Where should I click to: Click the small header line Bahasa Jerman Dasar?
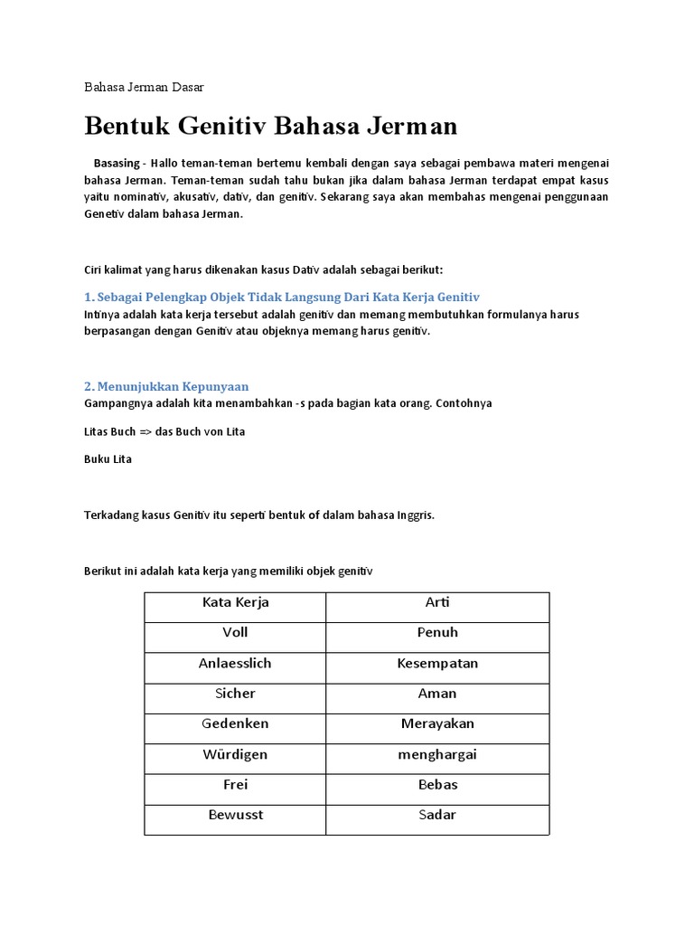pyautogui.click(x=144, y=88)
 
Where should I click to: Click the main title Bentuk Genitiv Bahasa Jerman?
pyautogui.click(x=271, y=126)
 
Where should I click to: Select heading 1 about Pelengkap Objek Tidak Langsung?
pyautogui.click(x=281, y=297)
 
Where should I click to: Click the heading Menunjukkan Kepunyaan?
pyautogui.click(x=166, y=386)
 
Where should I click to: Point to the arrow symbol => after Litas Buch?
pyautogui.click(x=145, y=432)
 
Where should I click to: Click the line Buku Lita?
pyautogui.click(x=108, y=459)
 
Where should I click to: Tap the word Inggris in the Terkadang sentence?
pyautogui.click(x=415, y=515)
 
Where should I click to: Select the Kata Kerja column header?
pyautogui.click(x=235, y=602)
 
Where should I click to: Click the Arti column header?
pyautogui.click(x=437, y=602)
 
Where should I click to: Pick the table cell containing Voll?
pyautogui.click(x=235, y=633)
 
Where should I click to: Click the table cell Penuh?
pyautogui.click(x=437, y=633)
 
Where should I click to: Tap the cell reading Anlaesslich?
pyautogui.click(x=235, y=664)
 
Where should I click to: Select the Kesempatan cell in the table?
pyautogui.click(x=437, y=664)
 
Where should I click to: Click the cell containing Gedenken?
pyautogui.click(x=235, y=724)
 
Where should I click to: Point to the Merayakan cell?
pyautogui.click(x=437, y=724)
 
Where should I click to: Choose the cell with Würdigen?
pyautogui.click(x=235, y=754)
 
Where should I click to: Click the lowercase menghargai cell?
pyautogui.click(x=437, y=754)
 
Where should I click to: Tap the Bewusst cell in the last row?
pyautogui.click(x=235, y=815)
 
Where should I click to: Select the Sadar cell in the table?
pyautogui.click(x=437, y=815)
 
